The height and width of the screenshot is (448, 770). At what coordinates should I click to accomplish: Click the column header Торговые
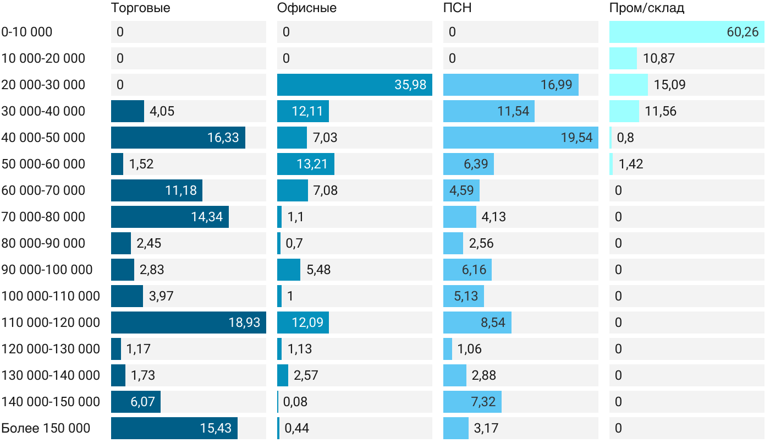(140, 8)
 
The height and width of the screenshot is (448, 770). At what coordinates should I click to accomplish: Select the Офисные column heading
(307, 8)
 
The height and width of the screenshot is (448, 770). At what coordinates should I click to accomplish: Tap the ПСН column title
(458, 8)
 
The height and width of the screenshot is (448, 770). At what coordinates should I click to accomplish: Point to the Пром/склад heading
(647, 8)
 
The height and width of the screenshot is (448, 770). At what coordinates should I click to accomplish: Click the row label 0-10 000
(27, 32)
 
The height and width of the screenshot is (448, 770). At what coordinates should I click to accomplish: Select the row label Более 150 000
(46, 428)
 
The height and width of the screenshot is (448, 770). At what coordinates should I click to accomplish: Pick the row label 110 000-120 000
(51, 323)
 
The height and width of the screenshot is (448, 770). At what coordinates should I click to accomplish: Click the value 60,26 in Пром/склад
(743, 32)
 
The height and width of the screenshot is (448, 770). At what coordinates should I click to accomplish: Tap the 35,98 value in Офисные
(410, 85)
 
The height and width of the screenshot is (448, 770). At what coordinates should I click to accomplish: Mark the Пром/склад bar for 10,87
(623, 58)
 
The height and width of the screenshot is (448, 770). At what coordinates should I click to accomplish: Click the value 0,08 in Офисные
(295, 402)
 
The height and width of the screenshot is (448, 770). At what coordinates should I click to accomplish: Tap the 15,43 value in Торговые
(216, 428)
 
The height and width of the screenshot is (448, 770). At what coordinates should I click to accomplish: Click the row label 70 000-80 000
(43, 217)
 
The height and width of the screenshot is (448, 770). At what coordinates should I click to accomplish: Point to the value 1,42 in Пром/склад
(631, 164)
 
